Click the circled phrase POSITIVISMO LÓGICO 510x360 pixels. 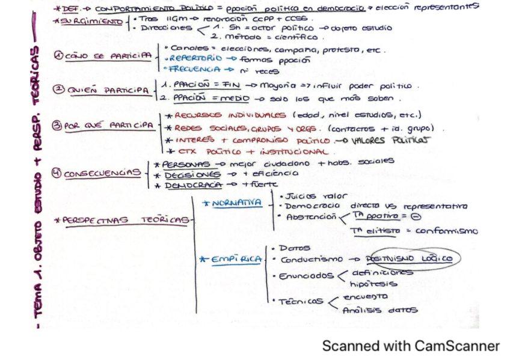(416, 258)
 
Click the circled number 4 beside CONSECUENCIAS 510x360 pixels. (57, 174)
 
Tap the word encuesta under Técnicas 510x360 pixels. (365, 297)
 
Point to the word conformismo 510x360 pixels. (446, 231)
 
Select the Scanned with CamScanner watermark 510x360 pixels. (411, 346)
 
